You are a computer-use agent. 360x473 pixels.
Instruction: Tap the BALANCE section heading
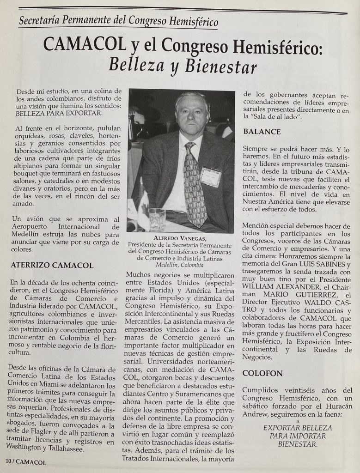click(x=262, y=132)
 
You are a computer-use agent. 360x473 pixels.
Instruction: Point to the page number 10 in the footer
click(x=8, y=461)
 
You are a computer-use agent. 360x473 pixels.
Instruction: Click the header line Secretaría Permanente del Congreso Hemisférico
click(x=119, y=21)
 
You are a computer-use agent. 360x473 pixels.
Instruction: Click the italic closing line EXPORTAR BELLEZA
click(x=297, y=427)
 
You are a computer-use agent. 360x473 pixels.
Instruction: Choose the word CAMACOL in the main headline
click(x=84, y=45)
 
